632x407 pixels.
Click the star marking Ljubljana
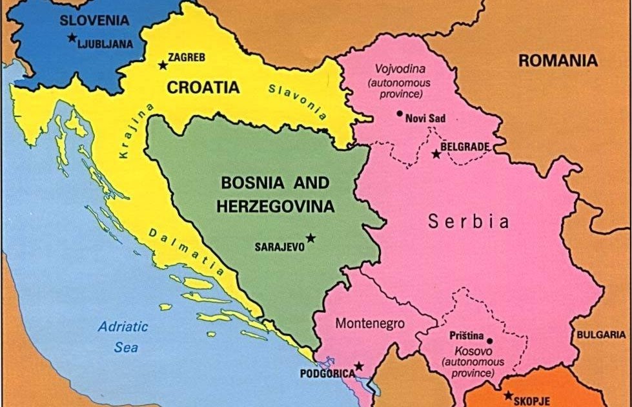(x=72, y=37)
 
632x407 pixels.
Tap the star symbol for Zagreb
(x=162, y=65)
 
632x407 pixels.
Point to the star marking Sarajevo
(x=311, y=238)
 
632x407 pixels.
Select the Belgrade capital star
(x=436, y=154)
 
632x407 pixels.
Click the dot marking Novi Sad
(x=400, y=113)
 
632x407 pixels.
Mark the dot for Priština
(x=489, y=340)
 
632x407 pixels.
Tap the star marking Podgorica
(x=359, y=366)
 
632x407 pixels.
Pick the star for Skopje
(x=508, y=395)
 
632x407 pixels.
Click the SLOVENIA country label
(x=94, y=20)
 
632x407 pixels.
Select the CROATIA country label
(x=203, y=87)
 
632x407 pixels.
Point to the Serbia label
(x=469, y=222)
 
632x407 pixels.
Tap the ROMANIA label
(x=558, y=61)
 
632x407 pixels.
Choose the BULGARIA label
(x=601, y=335)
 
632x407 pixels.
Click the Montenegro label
(x=370, y=323)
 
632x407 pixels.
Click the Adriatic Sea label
(x=123, y=337)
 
